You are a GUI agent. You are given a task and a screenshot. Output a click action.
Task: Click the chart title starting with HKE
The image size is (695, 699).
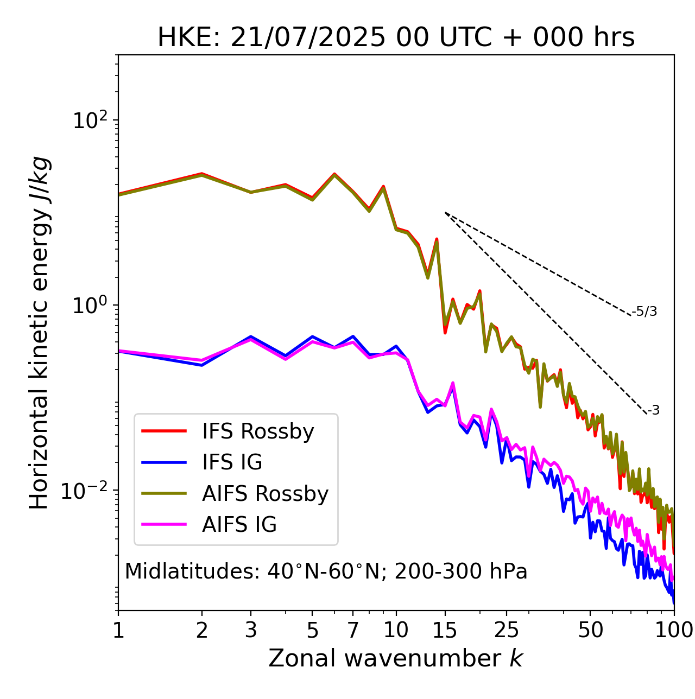(x=396, y=37)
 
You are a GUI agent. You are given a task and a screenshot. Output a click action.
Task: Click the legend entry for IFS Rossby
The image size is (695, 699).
(x=258, y=431)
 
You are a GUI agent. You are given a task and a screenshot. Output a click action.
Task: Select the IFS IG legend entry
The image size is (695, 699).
(x=232, y=462)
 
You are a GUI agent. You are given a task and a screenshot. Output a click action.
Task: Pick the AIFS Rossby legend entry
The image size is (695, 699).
(x=265, y=494)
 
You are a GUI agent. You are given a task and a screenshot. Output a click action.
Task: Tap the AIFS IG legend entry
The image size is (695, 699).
(x=239, y=525)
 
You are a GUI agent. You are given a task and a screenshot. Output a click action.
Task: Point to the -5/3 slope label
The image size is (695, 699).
(x=645, y=312)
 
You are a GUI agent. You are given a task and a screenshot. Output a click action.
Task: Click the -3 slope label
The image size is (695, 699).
(x=653, y=410)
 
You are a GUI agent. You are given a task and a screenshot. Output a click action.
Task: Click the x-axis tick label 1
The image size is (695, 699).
(x=118, y=630)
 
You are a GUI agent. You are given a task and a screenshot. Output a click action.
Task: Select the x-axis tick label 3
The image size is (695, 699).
(x=250, y=630)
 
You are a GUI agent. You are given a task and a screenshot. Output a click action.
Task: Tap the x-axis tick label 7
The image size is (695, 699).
(x=353, y=630)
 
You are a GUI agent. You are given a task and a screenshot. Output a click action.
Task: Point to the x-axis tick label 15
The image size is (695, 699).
(x=445, y=630)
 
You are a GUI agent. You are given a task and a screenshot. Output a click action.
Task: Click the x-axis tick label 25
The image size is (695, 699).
(x=507, y=630)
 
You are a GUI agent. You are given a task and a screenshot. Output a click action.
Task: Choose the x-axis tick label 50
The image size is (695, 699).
(x=590, y=630)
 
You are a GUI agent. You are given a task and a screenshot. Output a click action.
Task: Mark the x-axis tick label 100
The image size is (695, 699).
(x=674, y=630)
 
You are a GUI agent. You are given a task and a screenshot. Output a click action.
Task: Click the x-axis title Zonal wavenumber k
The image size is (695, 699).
(x=395, y=658)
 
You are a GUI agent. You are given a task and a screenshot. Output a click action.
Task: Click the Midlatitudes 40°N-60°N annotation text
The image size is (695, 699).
(x=326, y=571)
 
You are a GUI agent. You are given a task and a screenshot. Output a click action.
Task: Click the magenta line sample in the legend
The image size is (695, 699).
(x=164, y=525)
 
